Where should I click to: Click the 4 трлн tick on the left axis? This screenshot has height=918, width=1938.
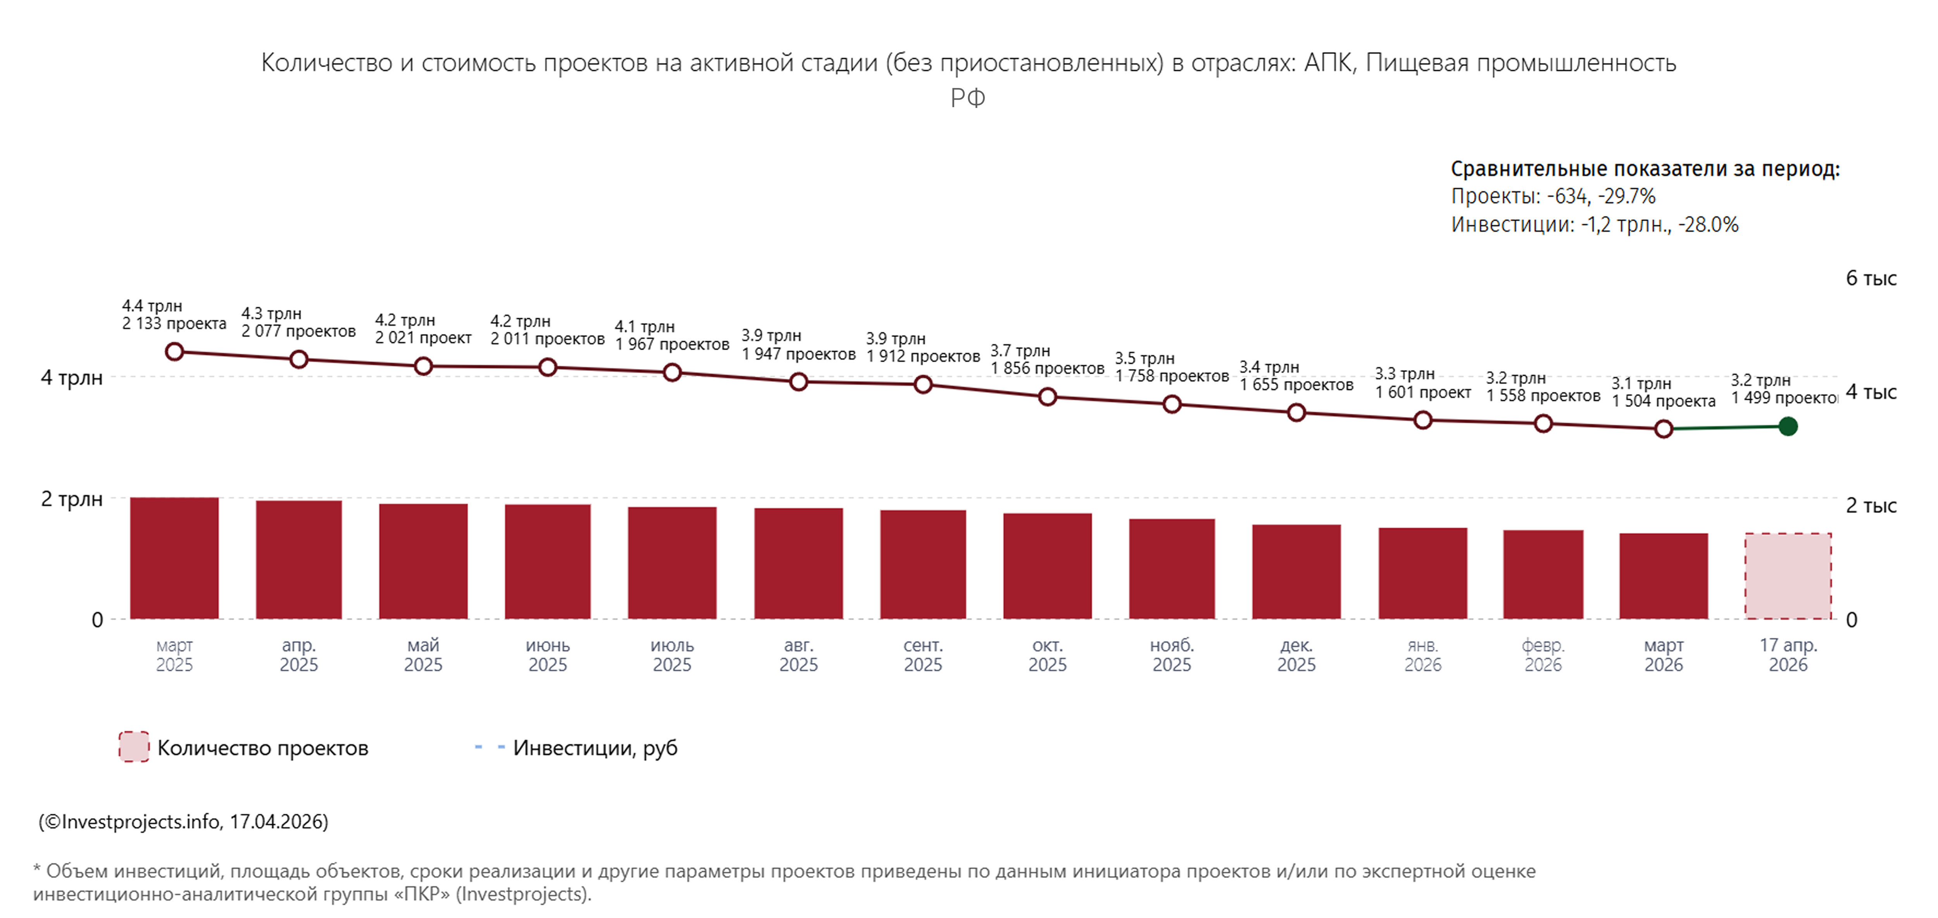[x=71, y=377]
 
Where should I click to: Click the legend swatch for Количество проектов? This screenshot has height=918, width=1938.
[x=134, y=747]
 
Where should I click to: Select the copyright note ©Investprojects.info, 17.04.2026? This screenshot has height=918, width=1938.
[x=184, y=821]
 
